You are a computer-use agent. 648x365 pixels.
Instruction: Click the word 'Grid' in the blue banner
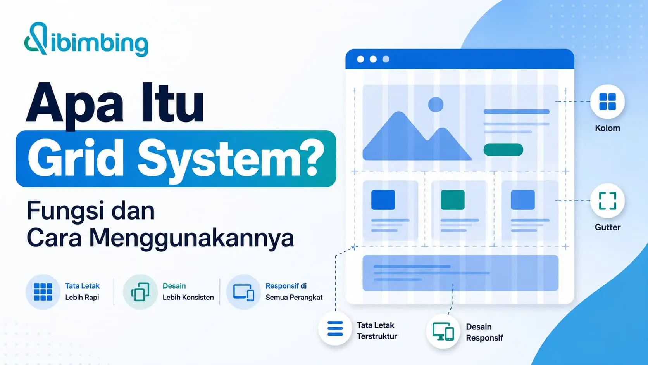(x=76, y=159)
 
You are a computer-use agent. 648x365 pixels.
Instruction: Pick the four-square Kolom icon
(x=608, y=102)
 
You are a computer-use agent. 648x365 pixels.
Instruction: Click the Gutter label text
(x=608, y=227)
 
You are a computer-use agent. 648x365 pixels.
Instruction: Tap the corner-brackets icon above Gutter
(x=608, y=201)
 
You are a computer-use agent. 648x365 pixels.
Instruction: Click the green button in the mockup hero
(x=503, y=150)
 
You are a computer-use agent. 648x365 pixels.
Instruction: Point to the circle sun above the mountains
(x=436, y=104)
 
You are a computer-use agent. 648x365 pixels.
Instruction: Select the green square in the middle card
(x=452, y=200)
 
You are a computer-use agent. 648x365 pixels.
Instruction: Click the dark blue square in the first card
(x=383, y=200)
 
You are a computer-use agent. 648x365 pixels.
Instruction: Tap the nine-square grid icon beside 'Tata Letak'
(x=43, y=292)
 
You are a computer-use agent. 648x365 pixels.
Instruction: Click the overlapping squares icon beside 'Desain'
(x=140, y=292)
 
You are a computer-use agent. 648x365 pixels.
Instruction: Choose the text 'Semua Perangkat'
(x=294, y=298)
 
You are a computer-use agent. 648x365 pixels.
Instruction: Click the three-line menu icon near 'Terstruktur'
(x=335, y=329)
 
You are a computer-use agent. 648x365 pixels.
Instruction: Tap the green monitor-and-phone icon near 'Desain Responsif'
(x=443, y=331)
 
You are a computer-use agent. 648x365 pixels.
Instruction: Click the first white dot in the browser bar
(x=360, y=59)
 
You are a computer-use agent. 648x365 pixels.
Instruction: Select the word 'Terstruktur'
(x=377, y=336)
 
